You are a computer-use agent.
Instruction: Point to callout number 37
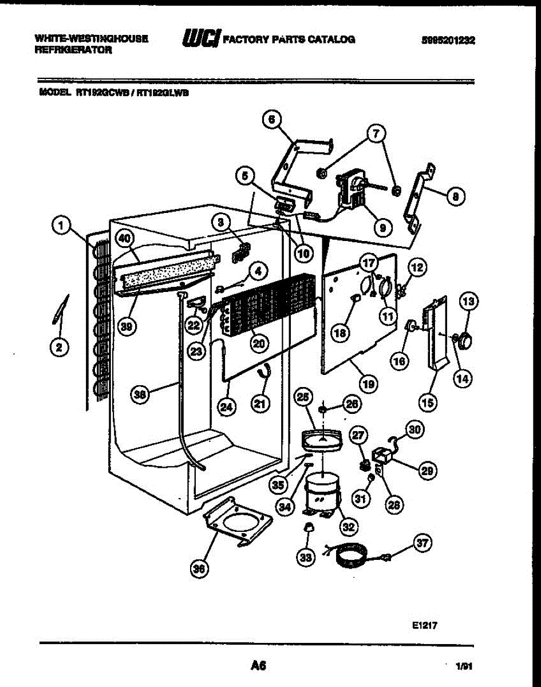(x=422, y=544)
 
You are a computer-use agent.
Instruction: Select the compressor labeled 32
(x=320, y=494)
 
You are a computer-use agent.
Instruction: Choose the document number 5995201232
(x=448, y=40)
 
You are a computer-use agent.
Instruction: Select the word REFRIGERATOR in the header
(x=73, y=50)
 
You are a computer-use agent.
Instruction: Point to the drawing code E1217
(x=424, y=626)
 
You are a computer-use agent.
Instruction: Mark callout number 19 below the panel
(x=368, y=383)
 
